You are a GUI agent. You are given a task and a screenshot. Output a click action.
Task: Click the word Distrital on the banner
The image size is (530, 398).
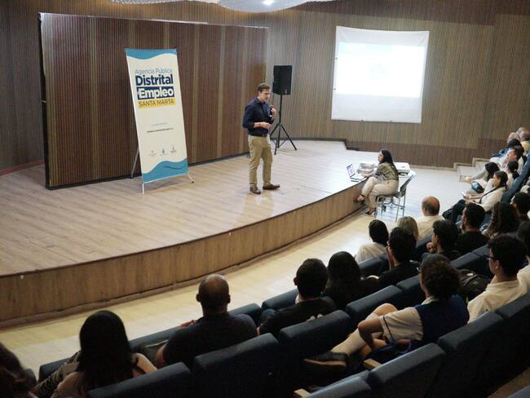tap(153, 82)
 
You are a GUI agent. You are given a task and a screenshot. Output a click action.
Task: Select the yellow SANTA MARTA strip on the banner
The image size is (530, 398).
tap(157, 103)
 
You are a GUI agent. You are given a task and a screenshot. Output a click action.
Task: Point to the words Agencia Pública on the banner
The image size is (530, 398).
tap(152, 72)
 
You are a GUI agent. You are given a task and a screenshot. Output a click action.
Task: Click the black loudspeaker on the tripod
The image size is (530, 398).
tap(282, 80)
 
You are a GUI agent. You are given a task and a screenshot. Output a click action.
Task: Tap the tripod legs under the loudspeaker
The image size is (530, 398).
tap(282, 135)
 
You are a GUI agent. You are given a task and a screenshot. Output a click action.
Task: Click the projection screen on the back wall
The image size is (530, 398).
tap(379, 73)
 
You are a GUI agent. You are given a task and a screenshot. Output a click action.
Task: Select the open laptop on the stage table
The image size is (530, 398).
tap(353, 173)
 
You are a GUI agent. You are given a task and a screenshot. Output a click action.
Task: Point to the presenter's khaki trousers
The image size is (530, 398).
tap(260, 157)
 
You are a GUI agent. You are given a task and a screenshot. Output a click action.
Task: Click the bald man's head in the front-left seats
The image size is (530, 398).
tap(214, 292)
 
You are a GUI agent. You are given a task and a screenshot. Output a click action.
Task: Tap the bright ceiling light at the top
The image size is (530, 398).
tap(267, 2)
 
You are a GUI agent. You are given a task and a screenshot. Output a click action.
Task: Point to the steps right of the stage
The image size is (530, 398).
tap(471, 167)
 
